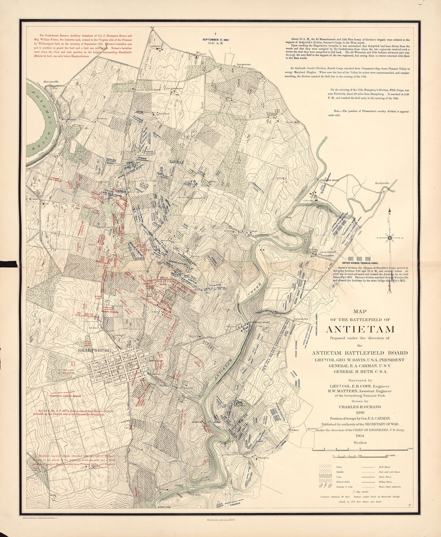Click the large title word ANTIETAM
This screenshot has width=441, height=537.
pyautogui.click(x=360, y=329)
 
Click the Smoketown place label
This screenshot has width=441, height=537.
pyautogui.click(x=243, y=64)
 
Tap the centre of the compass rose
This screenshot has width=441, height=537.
pyautogui.click(x=390, y=238)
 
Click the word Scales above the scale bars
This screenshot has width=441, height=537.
pyautogui.click(x=360, y=443)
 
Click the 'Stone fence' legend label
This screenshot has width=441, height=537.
pyautogui.click(x=385, y=477)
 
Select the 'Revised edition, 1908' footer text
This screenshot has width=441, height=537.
pyautogui.click(x=220, y=519)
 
